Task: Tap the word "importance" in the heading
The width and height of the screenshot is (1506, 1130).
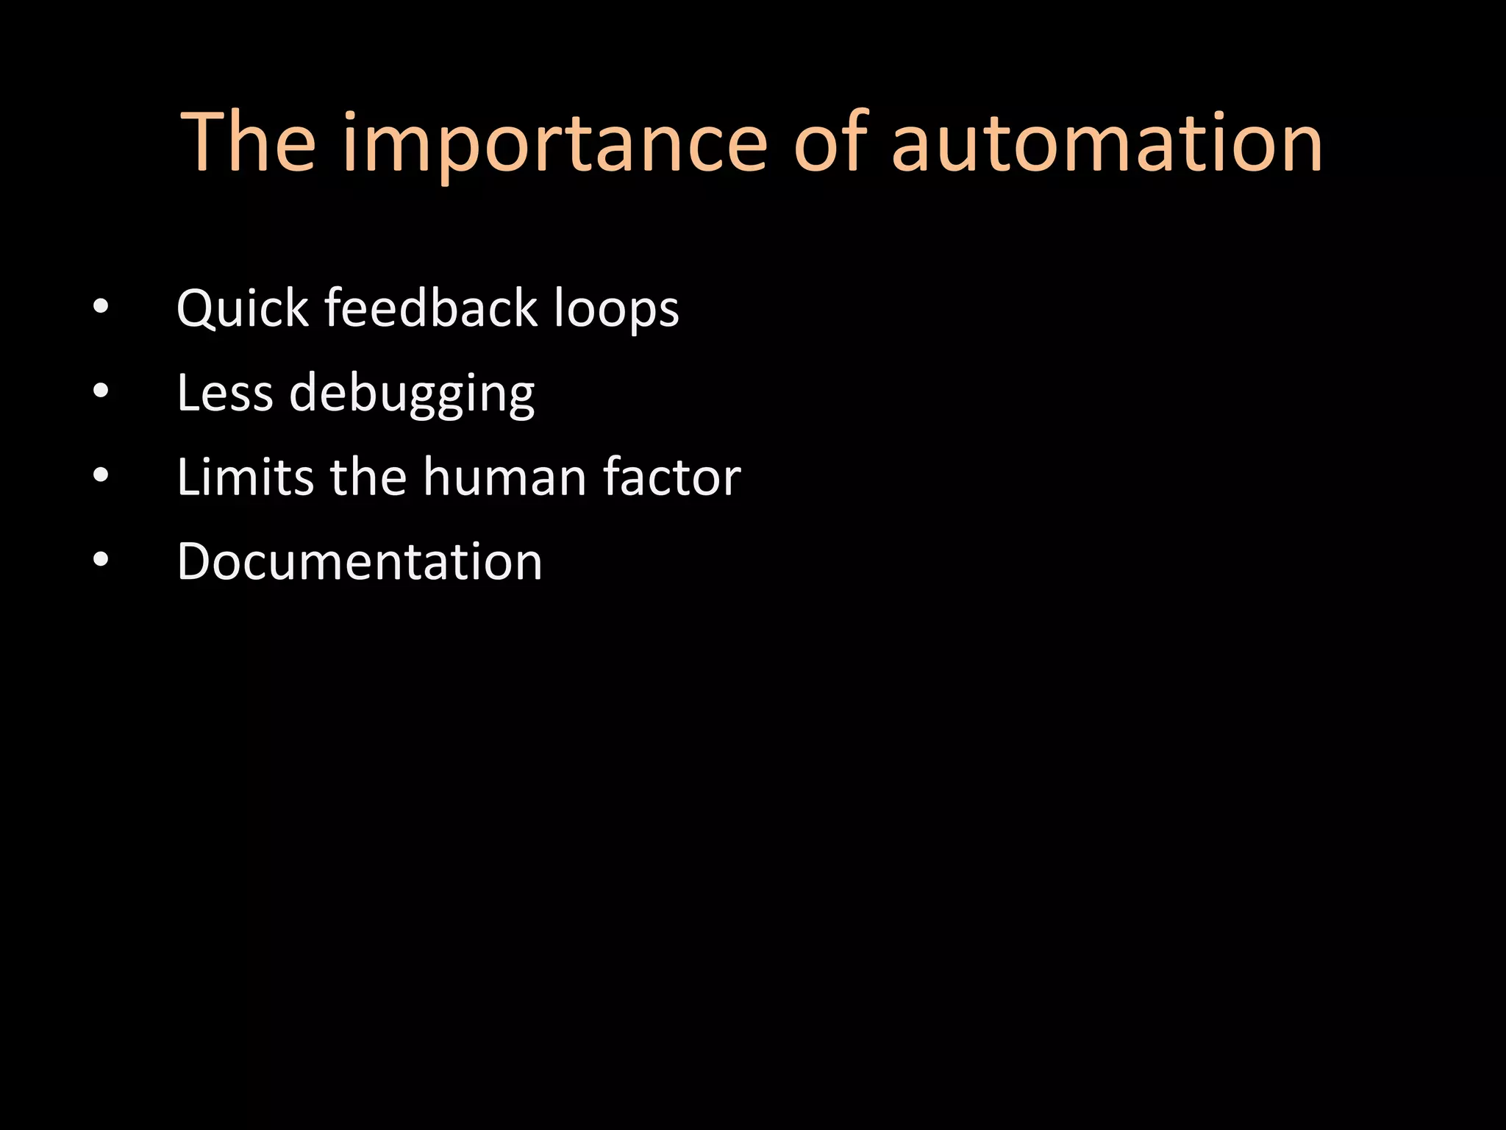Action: (x=555, y=143)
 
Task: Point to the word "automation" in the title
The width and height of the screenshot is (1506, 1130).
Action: (x=1107, y=143)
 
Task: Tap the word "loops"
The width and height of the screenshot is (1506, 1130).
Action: (x=616, y=309)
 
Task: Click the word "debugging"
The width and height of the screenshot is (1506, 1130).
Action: (x=412, y=394)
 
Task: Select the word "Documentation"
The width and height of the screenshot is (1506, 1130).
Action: (x=360, y=561)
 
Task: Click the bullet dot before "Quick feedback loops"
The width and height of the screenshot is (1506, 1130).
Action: (x=101, y=307)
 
